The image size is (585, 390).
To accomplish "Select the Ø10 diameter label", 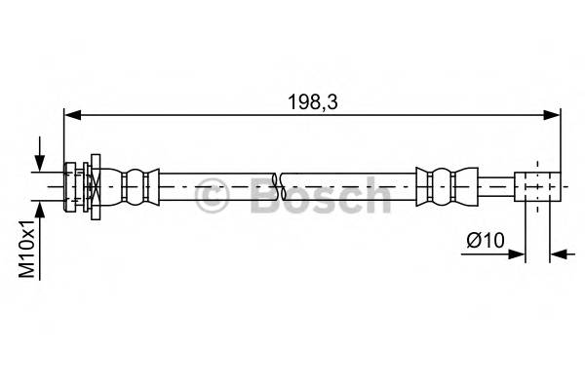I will coord(486,239).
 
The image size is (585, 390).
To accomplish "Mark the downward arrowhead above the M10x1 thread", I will coord(39,165).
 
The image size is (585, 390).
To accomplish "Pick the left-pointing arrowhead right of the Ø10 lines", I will coord(558,255).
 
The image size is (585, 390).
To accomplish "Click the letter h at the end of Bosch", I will coord(374,196).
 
